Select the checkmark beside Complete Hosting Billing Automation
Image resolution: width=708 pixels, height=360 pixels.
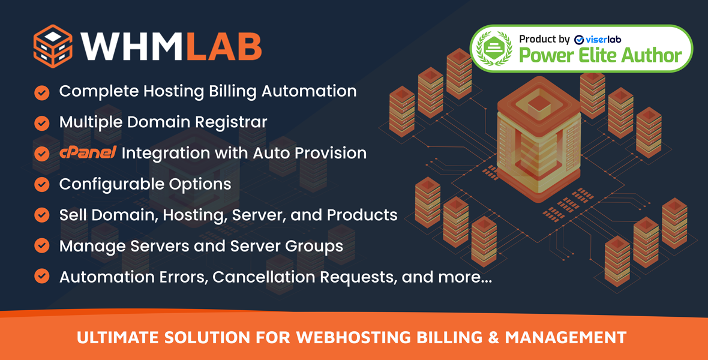coord(41,92)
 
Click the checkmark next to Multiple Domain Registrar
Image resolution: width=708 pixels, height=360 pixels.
coord(41,122)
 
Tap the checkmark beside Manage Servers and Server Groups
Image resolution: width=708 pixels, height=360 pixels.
coord(41,245)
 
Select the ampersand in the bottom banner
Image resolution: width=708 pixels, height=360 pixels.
coord(493,338)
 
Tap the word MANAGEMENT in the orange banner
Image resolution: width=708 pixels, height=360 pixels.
coord(566,338)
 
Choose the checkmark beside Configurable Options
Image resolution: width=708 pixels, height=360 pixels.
coord(41,184)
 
